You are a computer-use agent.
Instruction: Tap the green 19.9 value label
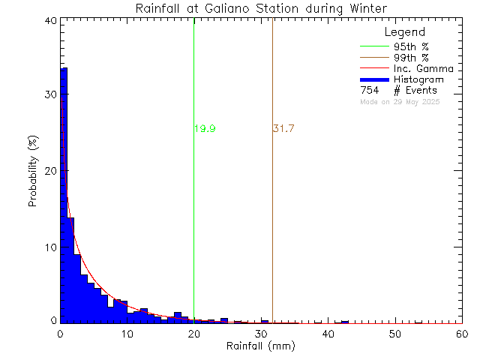[205, 129]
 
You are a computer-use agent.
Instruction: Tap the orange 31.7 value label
[283, 129]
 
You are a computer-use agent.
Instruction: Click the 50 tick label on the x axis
[395, 334]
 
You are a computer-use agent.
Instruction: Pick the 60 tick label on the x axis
[461, 334]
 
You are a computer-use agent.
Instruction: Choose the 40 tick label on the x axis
[328, 334]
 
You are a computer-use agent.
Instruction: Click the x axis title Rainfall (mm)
[261, 346]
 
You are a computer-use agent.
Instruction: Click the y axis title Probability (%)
[34, 172]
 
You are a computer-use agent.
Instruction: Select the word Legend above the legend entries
[405, 33]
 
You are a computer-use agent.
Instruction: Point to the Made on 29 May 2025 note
[400, 100]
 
